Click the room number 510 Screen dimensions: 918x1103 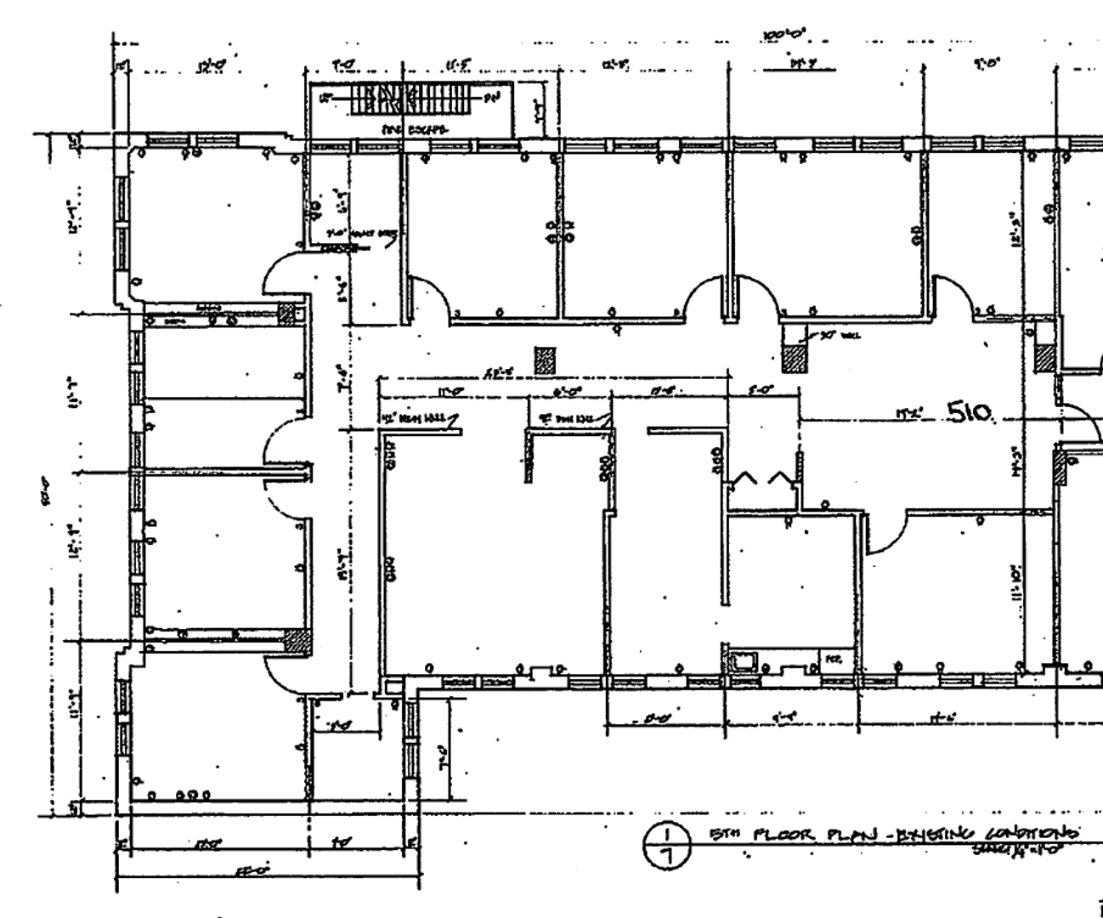969,413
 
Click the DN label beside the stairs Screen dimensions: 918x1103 491,99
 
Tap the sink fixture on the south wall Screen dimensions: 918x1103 746,660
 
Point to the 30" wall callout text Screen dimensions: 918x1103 840,336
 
